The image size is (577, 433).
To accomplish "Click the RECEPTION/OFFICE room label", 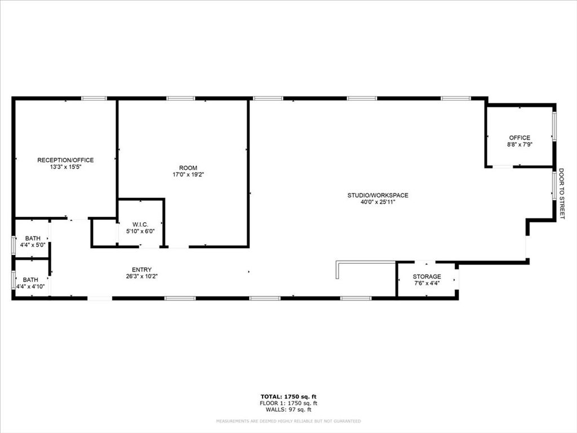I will coord(65,160).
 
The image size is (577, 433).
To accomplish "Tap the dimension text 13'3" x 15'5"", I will coord(65,167).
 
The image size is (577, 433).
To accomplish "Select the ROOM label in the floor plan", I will coord(188,168).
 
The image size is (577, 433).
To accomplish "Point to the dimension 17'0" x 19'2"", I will coord(188,175).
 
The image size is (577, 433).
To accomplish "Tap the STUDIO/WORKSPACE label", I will coord(378,196).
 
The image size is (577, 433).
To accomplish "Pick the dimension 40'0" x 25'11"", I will coord(378,203).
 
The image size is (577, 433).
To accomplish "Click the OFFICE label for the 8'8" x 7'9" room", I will coord(520,138).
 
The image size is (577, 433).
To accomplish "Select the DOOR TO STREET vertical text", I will coord(561,195).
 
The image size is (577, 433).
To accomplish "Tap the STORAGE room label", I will coord(427,277).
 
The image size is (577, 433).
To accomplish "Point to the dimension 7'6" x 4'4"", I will coord(427,284).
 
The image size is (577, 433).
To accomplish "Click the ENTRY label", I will coord(142,269).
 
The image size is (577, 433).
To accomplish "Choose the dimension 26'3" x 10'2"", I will coord(142,276).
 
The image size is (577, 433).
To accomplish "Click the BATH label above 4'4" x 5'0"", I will coord(32,238).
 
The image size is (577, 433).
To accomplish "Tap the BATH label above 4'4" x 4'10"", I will coord(30,280).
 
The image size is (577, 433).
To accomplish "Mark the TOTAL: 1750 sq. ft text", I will coord(288,396).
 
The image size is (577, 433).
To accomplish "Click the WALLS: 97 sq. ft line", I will coord(288,410).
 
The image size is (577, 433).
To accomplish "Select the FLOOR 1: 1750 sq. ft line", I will coord(288,403).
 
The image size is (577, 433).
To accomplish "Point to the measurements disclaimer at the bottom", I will coord(288,421).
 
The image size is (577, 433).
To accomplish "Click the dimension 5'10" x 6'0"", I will coord(140,231).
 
